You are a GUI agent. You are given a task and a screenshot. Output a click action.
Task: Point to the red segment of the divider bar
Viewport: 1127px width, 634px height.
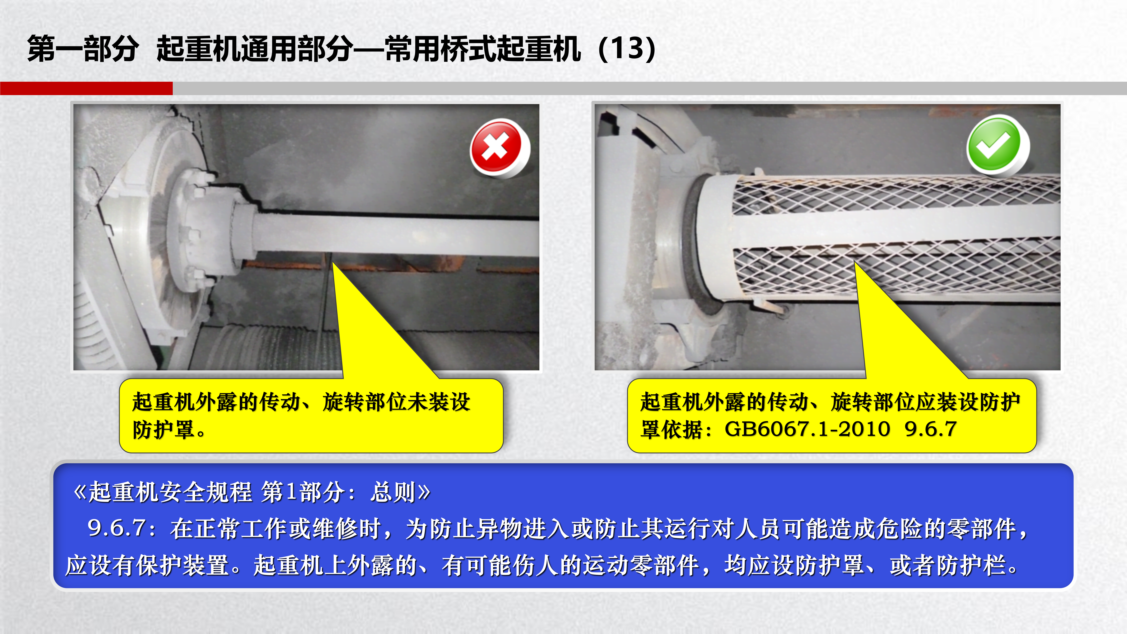point(86,88)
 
